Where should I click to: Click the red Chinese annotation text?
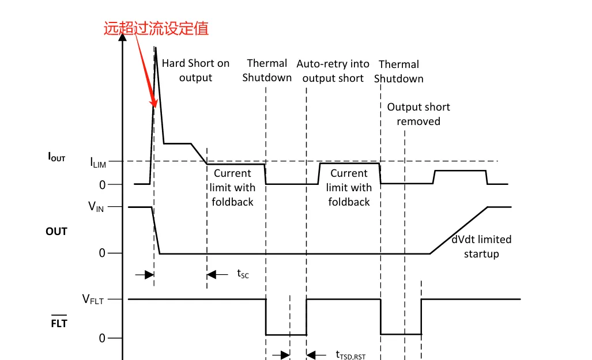point(156,29)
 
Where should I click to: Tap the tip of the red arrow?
point(155,108)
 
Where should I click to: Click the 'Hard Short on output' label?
point(195,70)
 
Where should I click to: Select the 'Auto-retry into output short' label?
point(333,71)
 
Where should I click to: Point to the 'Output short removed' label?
point(418,114)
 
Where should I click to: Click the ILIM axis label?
point(98,162)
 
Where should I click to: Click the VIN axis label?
point(96,206)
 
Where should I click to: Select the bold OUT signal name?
point(56,232)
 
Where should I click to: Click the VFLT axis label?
point(93,300)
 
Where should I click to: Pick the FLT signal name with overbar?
point(59,322)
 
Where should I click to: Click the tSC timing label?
point(243,274)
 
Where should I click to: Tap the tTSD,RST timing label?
point(350,355)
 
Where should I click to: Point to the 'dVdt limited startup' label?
point(481,247)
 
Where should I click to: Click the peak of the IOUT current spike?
point(155,47)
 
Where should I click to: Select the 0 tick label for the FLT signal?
point(102,338)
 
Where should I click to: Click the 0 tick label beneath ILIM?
point(102,185)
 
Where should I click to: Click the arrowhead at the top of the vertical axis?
point(122,37)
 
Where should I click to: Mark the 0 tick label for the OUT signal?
point(102,253)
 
